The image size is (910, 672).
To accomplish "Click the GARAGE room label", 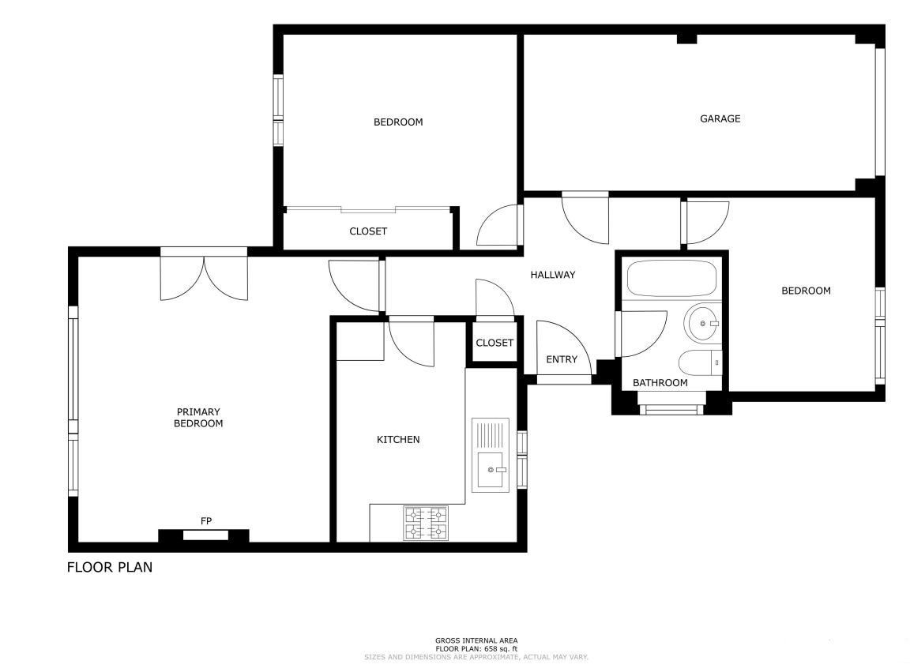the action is pos(720,118).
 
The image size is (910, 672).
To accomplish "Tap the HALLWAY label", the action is pos(552,275).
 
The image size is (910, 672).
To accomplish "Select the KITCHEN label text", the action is pos(398,439).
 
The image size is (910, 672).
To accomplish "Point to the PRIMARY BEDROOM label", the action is pos(198,417).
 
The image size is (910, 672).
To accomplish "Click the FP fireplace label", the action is pos(206,521).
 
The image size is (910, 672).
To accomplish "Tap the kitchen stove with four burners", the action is pos(426,523).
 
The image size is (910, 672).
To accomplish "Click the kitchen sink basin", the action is pos(491,470).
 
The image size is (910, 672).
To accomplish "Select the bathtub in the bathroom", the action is pos(671,279).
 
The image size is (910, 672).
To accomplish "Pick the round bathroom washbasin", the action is pos(702,323).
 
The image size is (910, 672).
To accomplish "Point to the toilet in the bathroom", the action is pos(700,363).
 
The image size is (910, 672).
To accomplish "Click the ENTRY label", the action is pos(562,359).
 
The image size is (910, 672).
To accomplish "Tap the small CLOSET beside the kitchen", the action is pos(494,343).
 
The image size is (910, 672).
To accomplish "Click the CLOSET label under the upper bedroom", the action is pos(368,231).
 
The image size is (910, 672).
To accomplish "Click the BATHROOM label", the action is pos(660,382).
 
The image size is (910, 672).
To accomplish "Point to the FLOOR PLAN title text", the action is pos(110,567).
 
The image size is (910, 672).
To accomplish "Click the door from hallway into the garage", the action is pos(585,218).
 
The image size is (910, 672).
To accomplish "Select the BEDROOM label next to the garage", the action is pos(398,122).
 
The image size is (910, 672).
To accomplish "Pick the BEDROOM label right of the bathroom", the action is pos(806,290).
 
